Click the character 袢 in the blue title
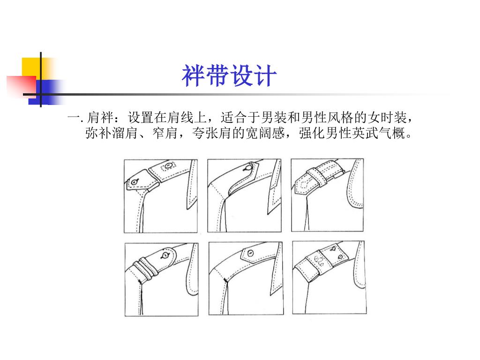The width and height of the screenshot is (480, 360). pyautogui.click(x=193, y=75)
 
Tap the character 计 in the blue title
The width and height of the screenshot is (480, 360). pyautogui.click(x=265, y=75)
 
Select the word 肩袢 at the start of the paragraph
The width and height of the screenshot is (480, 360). pyautogui.click(x=101, y=118)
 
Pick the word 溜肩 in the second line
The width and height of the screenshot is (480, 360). pyautogui.click(x=125, y=133)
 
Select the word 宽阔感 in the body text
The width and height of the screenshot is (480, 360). pyautogui.click(x=265, y=133)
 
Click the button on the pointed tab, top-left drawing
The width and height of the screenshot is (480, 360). pyautogui.click(x=135, y=182)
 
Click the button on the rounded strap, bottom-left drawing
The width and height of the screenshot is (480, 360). pyautogui.click(x=165, y=255)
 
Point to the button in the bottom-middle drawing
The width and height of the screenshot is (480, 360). pyautogui.click(x=251, y=253)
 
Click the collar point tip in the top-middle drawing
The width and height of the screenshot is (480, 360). pyautogui.click(x=269, y=214)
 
